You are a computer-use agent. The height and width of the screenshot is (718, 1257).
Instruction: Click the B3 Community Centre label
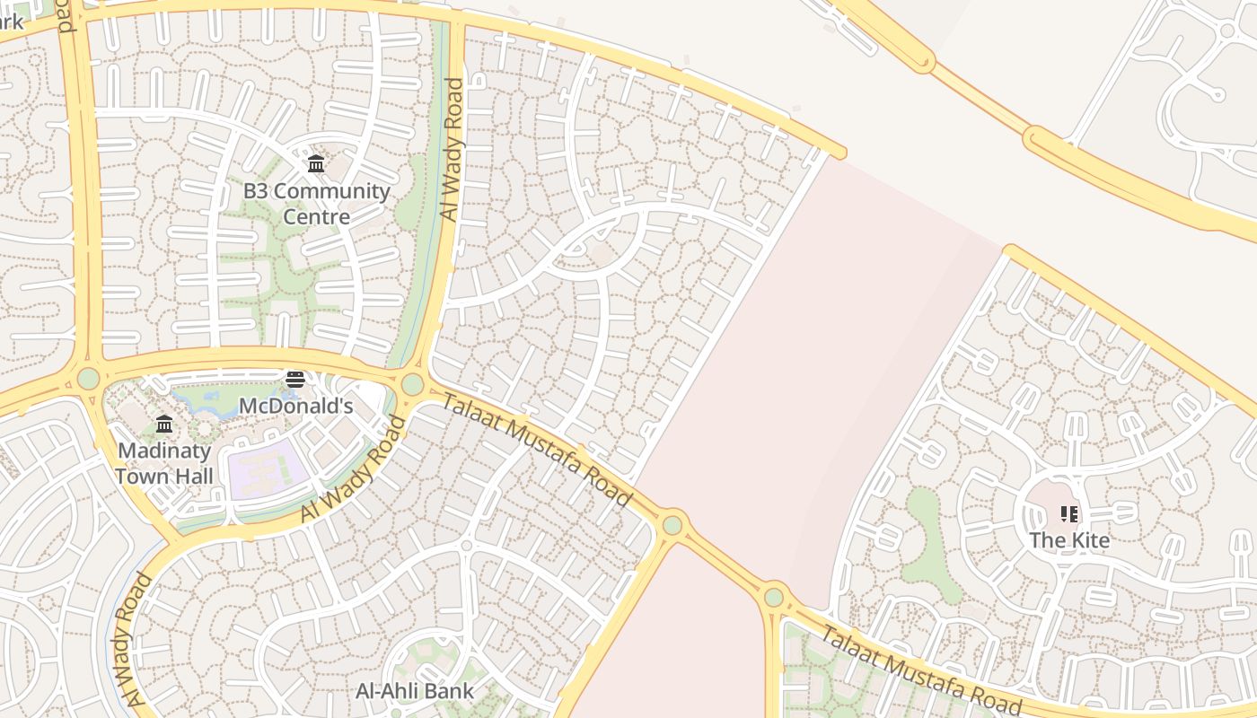316,204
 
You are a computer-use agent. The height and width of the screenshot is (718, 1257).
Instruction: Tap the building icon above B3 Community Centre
316,163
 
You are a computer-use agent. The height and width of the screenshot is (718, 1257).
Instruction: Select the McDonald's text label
295,406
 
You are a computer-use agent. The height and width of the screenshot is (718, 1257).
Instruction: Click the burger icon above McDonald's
295,380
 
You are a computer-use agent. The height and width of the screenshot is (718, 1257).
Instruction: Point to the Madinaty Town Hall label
164,463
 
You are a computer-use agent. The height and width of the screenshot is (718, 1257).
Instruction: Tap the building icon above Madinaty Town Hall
164,424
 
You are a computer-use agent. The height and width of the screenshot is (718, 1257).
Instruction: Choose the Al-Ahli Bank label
414,691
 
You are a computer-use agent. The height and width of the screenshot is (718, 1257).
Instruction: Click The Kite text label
1069,540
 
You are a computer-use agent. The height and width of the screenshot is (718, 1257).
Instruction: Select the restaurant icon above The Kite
1069,513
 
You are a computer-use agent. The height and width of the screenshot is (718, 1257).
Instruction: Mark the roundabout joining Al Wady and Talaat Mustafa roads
412,385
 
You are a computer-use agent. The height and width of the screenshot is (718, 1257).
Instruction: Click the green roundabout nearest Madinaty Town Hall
88,379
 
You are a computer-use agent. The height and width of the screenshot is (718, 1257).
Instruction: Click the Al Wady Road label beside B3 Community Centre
453,150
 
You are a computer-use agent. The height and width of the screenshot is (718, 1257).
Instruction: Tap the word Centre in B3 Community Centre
316,217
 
